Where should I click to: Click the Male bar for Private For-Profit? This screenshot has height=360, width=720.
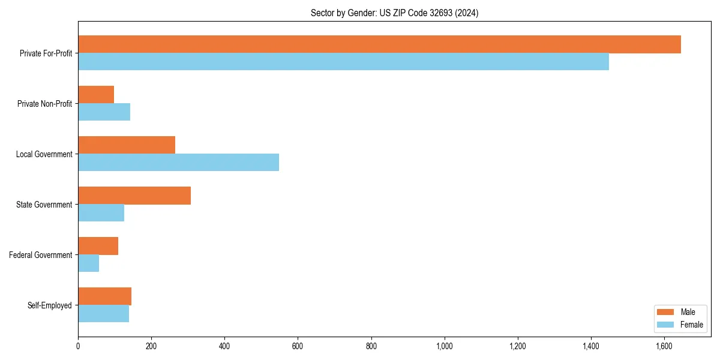click(x=379, y=44)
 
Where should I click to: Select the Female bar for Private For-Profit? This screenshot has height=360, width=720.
click(x=343, y=62)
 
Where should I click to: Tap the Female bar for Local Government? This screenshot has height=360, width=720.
click(x=178, y=163)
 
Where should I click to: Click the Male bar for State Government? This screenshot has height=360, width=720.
click(x=134, y=196)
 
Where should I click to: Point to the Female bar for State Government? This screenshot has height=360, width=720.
click(x=101, y=213)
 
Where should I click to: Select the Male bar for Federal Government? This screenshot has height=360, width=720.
click(x=98, y=246)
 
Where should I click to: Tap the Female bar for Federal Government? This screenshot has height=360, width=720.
click(x=88, y=263)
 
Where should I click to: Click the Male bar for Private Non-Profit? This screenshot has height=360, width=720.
click(x=96, y=95)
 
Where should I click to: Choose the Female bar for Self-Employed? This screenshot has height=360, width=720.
click(x=103, y=314)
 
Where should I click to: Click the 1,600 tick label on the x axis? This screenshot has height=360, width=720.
click(x=664, y=346)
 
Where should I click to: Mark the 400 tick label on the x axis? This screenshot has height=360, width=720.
click(x=224, y=346)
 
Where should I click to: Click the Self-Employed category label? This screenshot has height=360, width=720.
click(x=50, y=305)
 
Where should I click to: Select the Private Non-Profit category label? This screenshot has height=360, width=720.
click(x=44, y=104)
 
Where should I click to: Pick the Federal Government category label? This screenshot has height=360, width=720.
click(x=41, y=255)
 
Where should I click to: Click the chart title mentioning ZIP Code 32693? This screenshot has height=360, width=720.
click(x=394, y=13)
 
